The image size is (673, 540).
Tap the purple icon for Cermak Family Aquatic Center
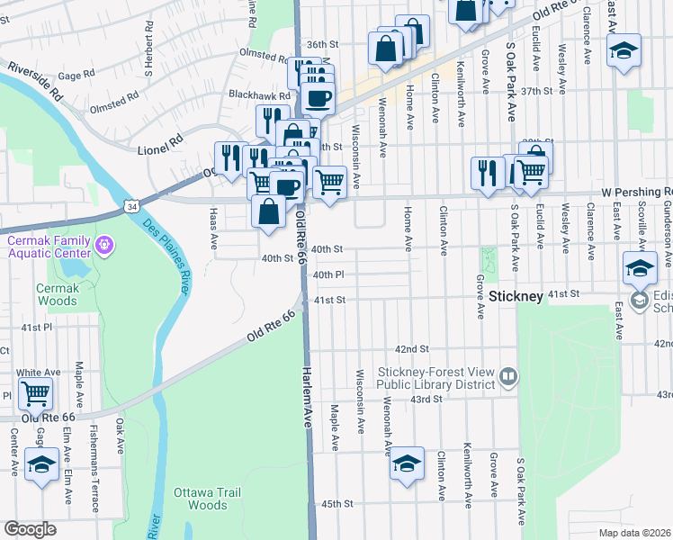click(x=105, y=244)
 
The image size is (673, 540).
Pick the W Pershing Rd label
click(x=636, y=192)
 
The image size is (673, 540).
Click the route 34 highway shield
click(x=131, y=206)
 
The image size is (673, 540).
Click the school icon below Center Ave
click(x=40, y=464)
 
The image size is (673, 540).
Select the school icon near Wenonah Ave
click(x=407, y=463)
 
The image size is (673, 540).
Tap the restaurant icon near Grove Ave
click(x=488, y=173)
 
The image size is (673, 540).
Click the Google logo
click(x=30, y=529)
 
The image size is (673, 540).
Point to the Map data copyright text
click(x=634, y=533)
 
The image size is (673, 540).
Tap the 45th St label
click(x=336, y=504)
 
